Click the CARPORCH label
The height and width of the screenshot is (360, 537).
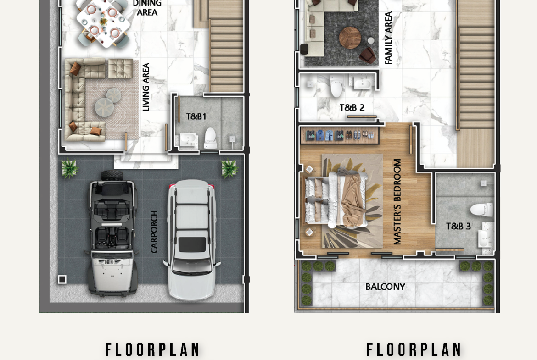[154, 232]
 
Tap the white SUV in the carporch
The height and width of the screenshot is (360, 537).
[192, 239]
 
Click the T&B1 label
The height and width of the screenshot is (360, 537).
[196, 116]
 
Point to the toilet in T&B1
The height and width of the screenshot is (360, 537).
[210, 138]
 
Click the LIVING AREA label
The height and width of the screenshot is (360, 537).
[146, 87]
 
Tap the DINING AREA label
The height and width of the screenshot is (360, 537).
[147, 8]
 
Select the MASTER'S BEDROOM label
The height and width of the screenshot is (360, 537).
[397, 202]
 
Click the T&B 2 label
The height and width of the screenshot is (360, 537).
[352, 107]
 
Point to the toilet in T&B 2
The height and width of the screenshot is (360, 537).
[336, 87]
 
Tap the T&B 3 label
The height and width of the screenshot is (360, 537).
[458, 226]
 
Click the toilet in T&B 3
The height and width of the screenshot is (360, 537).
[482, 210]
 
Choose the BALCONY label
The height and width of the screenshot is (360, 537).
[385, 287]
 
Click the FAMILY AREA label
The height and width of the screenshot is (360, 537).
[388, 38]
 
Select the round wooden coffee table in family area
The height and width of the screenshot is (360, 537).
[350, 38]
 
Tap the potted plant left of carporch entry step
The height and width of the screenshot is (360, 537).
[69, 168]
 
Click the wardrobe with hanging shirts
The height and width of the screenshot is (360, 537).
[340, 135]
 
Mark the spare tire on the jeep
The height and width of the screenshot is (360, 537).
[112, 175]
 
